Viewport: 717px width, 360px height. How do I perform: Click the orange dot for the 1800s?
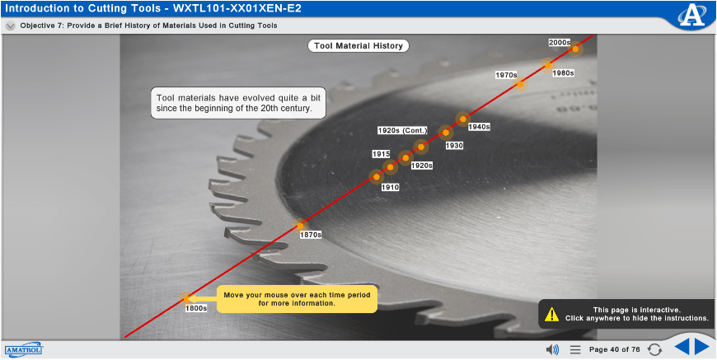(x=186, y=299)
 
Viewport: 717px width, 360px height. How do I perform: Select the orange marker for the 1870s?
(x=300, y=226)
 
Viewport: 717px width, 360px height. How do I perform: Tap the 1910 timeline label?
(x=390, y=187)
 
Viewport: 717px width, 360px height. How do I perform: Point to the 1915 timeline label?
(x=381, y=154)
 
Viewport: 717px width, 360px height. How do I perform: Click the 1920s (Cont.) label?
(x=402, y=131)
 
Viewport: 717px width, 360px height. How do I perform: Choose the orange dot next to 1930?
(x=446, y=133)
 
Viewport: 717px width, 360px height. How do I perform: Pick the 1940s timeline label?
(x=479, y=127)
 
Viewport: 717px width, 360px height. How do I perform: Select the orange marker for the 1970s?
(x=519, y=84)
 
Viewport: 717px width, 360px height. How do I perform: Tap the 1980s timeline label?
(x=563, y=72)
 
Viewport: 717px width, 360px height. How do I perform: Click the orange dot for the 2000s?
(x=575, y=49)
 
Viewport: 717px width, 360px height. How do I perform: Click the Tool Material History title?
(x=358, y=45)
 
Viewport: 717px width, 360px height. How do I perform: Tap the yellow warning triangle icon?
(x=552, y=314)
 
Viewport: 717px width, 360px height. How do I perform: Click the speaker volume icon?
(x=552, y=350)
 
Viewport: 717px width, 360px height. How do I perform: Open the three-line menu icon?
(x=575, y=350)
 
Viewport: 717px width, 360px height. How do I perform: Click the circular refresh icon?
(x=655, y=350)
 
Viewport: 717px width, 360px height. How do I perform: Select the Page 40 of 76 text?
(x=615, y=350)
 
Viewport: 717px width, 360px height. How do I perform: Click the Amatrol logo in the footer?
(x=24, y=349)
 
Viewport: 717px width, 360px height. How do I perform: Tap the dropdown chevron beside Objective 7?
(x=11, y=26)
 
